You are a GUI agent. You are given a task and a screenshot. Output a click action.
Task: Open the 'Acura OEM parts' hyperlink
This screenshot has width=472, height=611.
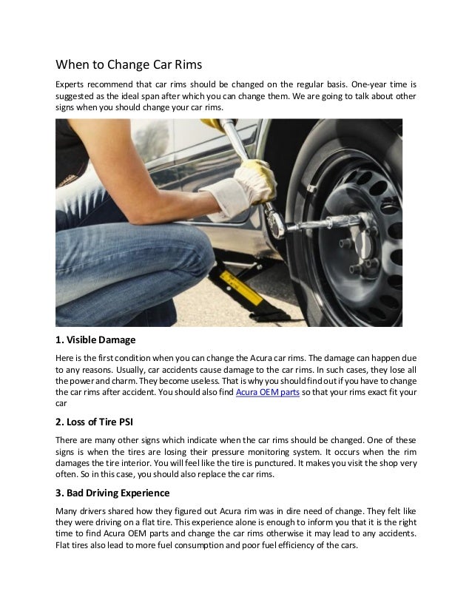click(x=267, y=393)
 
